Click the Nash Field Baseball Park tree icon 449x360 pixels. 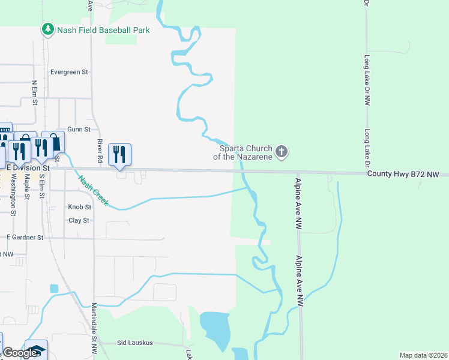(48, 29)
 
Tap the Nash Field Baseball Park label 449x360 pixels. (103, 29)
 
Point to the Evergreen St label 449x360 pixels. (69, 72)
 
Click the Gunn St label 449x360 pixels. (79, 129)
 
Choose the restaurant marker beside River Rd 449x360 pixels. (119, 154)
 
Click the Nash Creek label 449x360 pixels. (94, 190)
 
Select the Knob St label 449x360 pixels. (79, 207)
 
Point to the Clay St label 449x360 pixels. (79, 221)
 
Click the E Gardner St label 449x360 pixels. (25, 238)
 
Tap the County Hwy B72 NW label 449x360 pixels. (408, 175)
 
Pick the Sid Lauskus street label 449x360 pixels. (135, 343)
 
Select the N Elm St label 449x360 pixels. (34, 93)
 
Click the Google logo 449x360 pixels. (20, 353)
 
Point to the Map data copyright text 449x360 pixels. (423, 355)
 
